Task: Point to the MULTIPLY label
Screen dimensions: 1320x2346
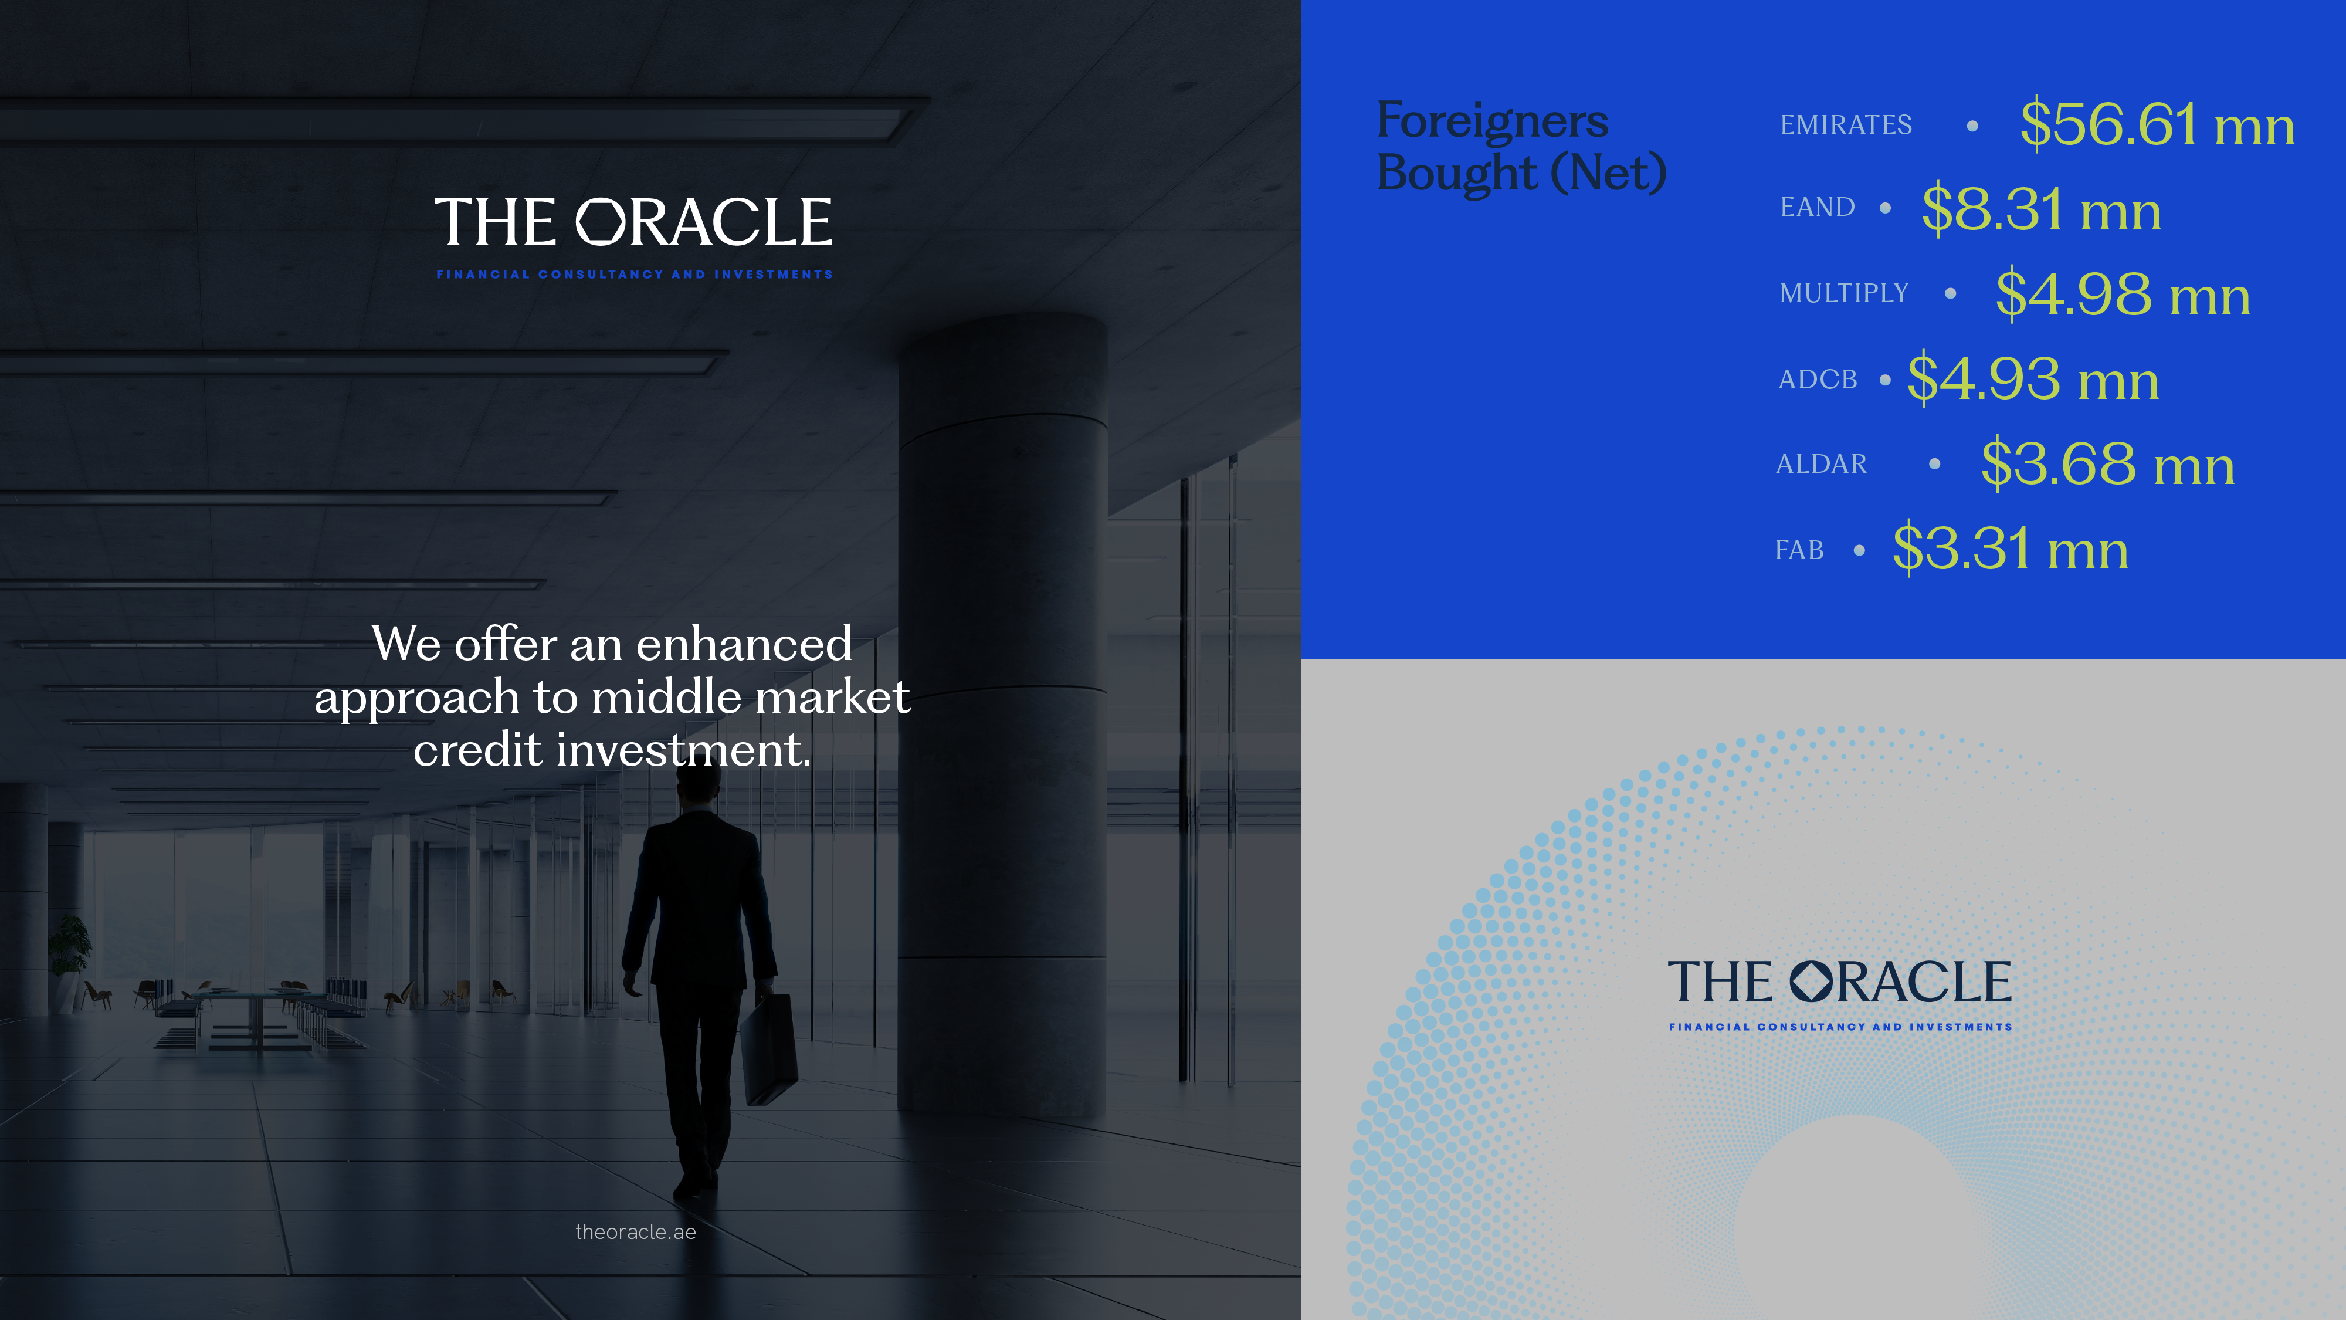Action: pos(1843,293)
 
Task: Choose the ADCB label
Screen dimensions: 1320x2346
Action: pos(1817,379)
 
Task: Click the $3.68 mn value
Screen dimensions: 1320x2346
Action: pos(2107,463)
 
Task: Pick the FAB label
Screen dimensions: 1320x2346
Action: pos(1799,550)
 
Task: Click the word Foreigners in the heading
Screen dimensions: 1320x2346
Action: pos(1491,121)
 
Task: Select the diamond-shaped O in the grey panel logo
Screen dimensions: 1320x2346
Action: pos(1811,981)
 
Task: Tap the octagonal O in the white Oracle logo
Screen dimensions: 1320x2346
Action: pos(601,222)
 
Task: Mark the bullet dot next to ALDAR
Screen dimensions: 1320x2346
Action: pos(1934,463)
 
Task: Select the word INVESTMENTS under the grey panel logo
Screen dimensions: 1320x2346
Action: pos(1960,1027)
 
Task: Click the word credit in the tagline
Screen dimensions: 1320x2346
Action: pos(478,750)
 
